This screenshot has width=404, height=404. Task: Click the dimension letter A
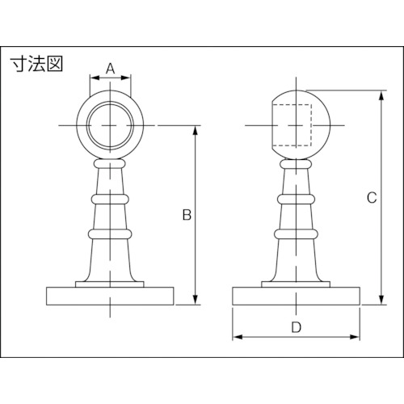(x=110, y=69)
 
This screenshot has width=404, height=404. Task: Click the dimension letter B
(x=187, y=215)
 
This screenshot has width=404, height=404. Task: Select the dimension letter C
(x=372, y=198)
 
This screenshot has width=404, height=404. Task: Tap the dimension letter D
(x=296, y=327)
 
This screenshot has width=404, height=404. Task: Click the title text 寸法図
(x=37, y=64)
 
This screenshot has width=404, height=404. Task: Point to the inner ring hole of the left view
(x=110, y=125)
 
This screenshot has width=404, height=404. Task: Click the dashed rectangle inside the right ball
(x=292, y=125)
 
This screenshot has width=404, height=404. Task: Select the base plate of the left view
(x=110, y=297)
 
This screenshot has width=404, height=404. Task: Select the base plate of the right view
(x=296, y=297)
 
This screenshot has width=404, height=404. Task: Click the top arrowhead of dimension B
(x=196, y=130)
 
